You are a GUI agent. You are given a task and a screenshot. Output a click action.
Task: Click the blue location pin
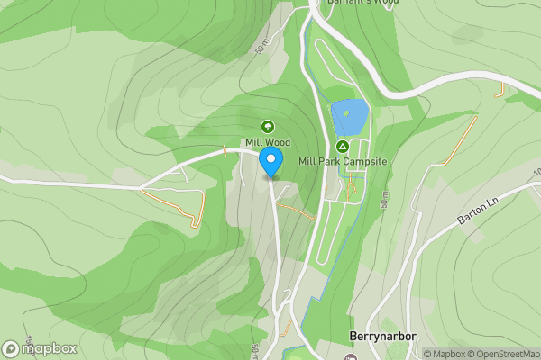[x=270, y=161]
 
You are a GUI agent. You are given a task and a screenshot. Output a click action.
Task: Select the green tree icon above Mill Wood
[x=267, y=126]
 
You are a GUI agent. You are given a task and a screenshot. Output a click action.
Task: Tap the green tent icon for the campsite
[x=343, y=146]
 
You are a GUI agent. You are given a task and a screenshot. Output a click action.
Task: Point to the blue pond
[x=350, y=117]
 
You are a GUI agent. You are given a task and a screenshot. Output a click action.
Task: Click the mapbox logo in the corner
[x=40, y=348]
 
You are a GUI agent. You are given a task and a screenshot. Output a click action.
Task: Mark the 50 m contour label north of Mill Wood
[x=262, y=44]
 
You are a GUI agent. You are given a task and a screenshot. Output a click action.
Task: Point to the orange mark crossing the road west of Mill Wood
[x=222, y=150]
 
